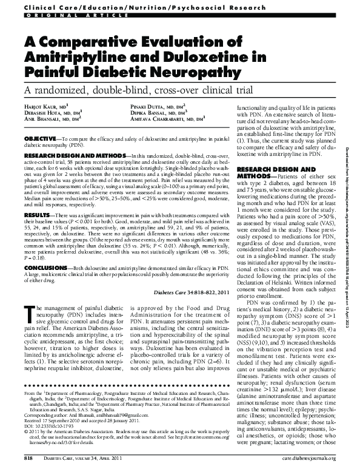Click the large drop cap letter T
tap(28, 312)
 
